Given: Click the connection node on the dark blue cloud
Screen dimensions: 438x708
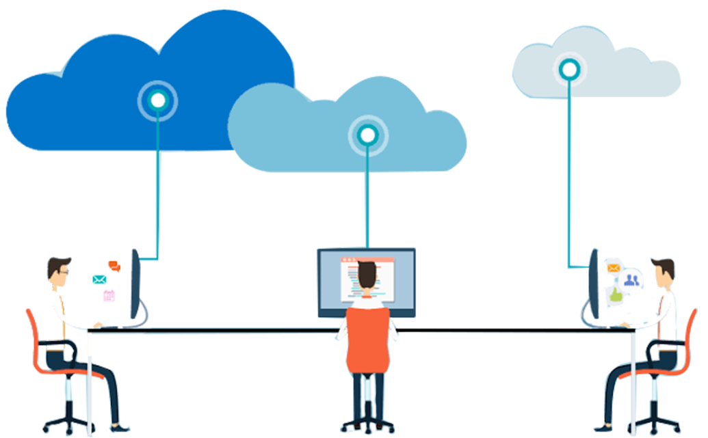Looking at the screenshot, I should point(158,100).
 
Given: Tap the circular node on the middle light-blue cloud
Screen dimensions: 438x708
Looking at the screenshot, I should point(368,135).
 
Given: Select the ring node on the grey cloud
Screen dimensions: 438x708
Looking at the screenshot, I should point(569,68).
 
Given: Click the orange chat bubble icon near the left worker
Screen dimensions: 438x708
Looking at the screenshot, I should point(114,266).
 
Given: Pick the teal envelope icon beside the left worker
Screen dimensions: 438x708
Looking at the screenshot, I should point(100,279).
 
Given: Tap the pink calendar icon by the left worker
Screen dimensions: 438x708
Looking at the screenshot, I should point(109,295).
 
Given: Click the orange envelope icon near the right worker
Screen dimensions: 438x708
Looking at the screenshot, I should point(612,268).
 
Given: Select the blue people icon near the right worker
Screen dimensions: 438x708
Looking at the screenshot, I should point(631,279).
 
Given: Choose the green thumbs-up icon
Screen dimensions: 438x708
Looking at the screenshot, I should point(616,295).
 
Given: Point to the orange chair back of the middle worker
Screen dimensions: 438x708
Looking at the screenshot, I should point(368,340).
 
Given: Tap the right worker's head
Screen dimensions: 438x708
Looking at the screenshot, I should point(662,273).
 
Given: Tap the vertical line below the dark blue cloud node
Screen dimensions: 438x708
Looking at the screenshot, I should point(158,184).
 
